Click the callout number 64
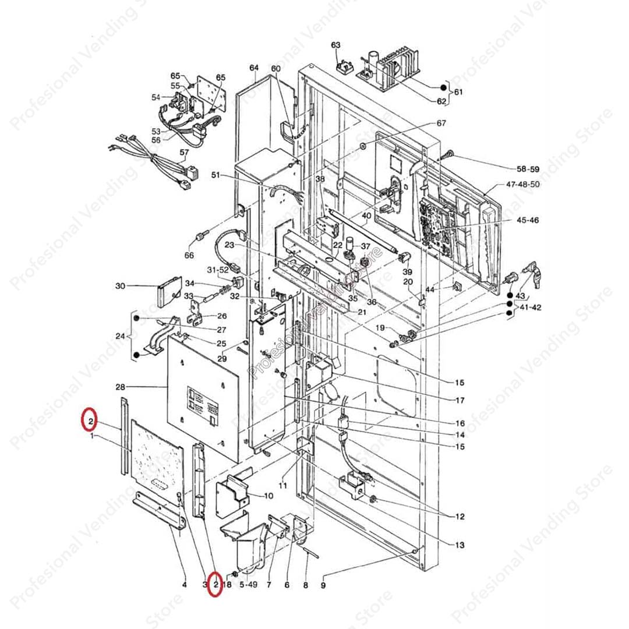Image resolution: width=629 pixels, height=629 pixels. click(254, 69)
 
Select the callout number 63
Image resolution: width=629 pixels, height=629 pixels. click(336, 45)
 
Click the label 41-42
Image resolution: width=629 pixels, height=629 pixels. click(529, 307)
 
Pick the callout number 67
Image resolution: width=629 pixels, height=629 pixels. click(441, 123)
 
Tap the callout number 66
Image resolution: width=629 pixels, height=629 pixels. click(189, 255)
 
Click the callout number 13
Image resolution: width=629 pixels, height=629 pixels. click(460, 545)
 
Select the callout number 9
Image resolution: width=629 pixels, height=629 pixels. click(323, 585)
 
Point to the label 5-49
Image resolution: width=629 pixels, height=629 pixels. click(248, 584)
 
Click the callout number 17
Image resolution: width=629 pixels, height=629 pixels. click(460, 401)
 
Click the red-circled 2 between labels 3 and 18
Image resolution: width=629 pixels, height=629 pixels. click(215, 584)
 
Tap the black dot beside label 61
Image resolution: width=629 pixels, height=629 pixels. click(444, 88)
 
